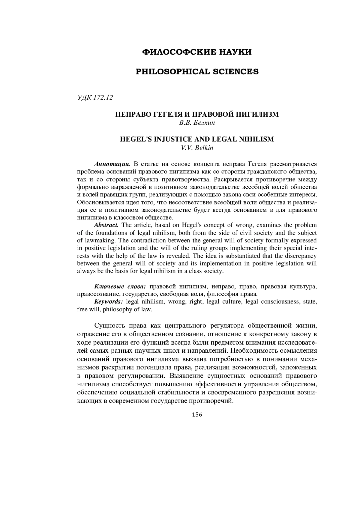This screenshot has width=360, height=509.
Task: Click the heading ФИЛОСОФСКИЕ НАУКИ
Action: pos(197,52)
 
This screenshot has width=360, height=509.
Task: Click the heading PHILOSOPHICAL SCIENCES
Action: pos(197,72)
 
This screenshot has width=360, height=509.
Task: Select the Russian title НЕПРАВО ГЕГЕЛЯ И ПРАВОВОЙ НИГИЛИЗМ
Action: pos(197,114)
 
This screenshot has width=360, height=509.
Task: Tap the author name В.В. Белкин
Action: pos(197,122)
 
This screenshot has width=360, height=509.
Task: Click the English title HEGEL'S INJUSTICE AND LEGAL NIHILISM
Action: pos(197,139)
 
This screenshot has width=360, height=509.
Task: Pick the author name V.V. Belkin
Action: pos(197,148)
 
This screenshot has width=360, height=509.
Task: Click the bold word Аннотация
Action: pos(112,164)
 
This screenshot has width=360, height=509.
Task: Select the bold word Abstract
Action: pos(106,225)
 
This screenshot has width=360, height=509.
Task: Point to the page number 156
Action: pos(197,415)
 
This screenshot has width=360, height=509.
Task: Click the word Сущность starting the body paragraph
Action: pos(109,326)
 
